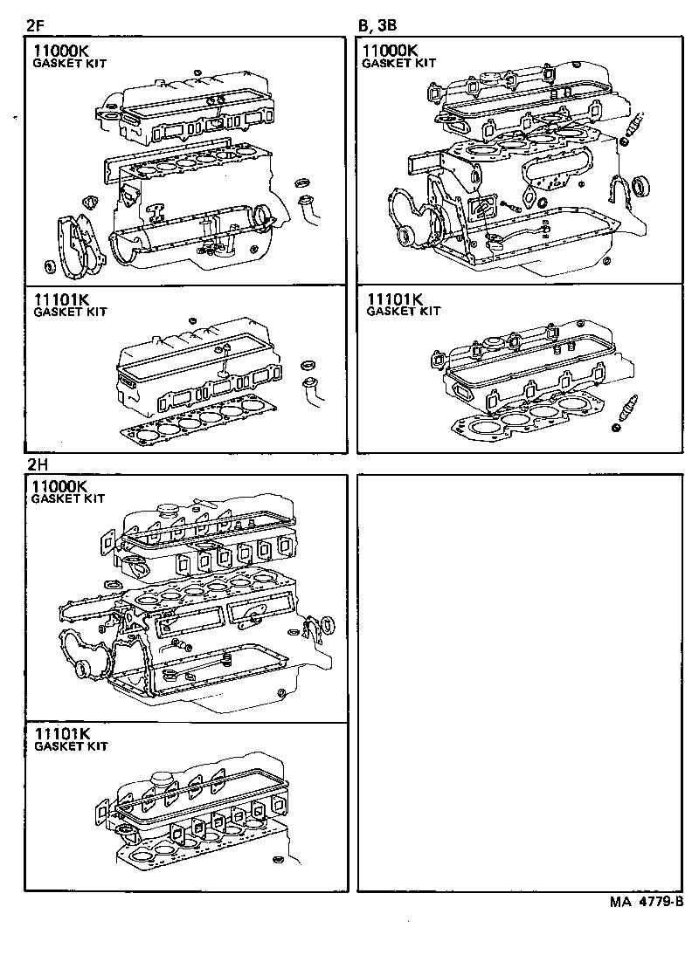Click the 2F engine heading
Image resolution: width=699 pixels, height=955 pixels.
coord(34,24)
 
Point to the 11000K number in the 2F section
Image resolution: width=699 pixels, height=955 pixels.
coord(60,51)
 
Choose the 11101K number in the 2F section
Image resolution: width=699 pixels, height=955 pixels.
coord(62,299)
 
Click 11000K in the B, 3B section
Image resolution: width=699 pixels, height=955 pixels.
coord(391,51)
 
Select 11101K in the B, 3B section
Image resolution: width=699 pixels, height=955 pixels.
coord(395,299)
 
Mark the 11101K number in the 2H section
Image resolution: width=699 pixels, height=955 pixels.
coord(62,734)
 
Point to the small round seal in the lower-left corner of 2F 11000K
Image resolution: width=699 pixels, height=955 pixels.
coord(49,265)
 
